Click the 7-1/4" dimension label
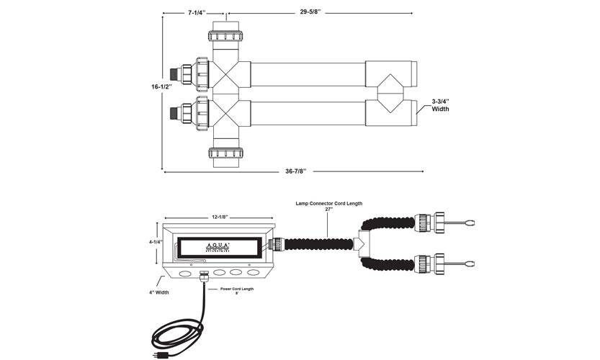coord(192,12)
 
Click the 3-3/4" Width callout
coord(442,105)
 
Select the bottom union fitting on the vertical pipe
coord(230,153)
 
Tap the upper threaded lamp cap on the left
coord(175,73)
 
